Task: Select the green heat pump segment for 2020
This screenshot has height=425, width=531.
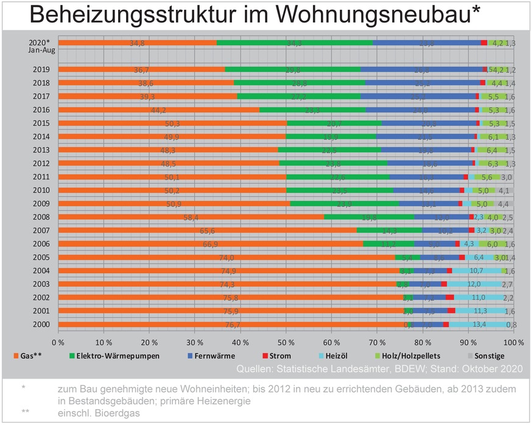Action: point(294,43)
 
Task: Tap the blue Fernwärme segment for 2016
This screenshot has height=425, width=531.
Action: point(420,110)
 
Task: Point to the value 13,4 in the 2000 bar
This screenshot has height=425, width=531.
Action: point(479,324)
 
